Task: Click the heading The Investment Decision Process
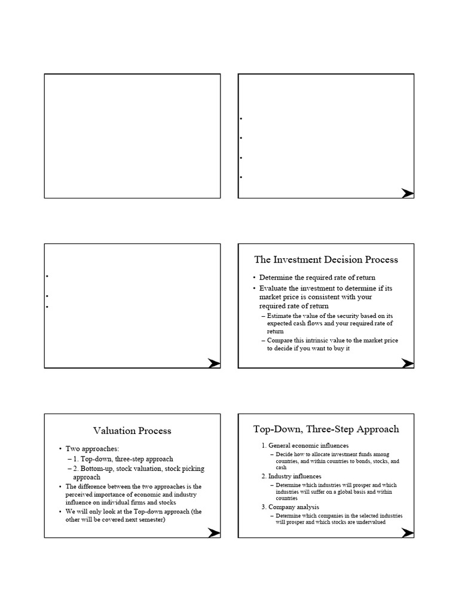[x=326, y=259]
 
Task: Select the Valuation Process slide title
[x=132, y=430]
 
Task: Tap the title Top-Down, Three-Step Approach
[x=326, y=429]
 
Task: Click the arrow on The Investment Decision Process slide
[x=408, y=362]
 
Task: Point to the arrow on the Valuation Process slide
[x=214, y=533]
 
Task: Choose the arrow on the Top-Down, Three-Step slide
[x=408, y=533]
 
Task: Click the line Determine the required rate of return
[x=311, y=278]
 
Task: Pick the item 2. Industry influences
[x=295, y=476]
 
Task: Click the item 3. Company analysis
[x=293, y=507]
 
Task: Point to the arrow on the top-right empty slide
[x=408, y=193]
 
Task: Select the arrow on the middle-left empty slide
[x=214, y=362]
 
